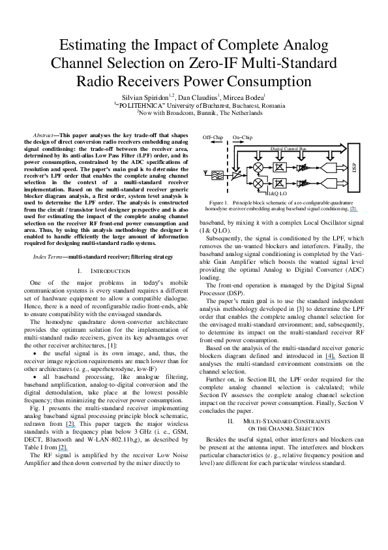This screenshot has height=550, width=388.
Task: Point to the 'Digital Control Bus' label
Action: click(x=288, y=150)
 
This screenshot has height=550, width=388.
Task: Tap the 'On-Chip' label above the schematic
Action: click(x=243, y=138)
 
